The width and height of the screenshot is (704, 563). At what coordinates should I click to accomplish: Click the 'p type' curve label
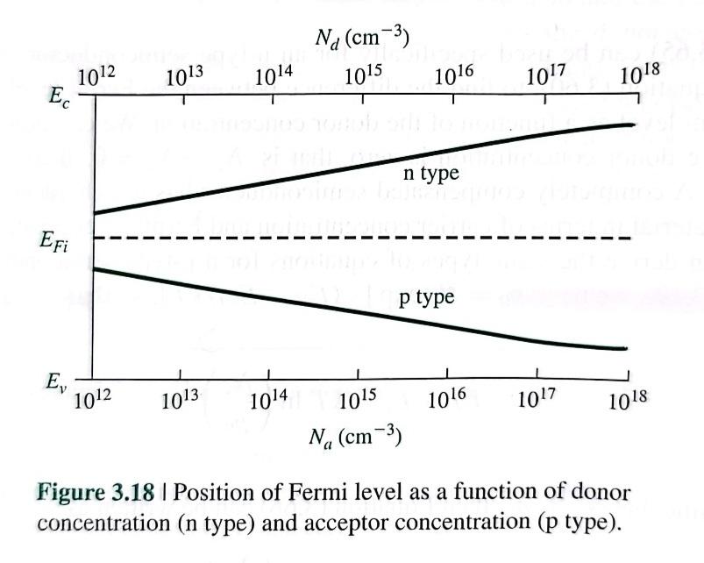[426, 297]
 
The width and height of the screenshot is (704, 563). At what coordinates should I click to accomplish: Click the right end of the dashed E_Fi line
[629, 239]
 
